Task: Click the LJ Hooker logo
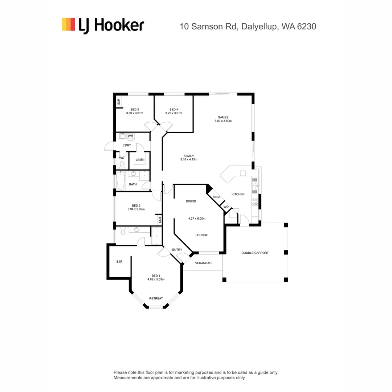(103, 25)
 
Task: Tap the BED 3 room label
(135, 110)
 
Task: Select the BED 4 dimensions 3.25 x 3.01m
(173, 113)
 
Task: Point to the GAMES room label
(222, 117)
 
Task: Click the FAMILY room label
(188, 156)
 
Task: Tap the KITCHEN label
(238, 194)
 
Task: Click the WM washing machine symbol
(130, 136)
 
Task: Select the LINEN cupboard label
(140, 160)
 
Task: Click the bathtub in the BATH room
(121, 181)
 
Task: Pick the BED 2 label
(136, 205)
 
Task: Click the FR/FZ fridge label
(216, 197)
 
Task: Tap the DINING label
(191, 201)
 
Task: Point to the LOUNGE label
(201, 235)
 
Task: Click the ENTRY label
(177, 250)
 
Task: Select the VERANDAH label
(203, 263)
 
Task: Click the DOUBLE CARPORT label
(255, 253)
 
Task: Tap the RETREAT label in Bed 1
(156, 298)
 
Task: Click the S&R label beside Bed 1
(119, 262)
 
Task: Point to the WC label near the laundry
(122, 158)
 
